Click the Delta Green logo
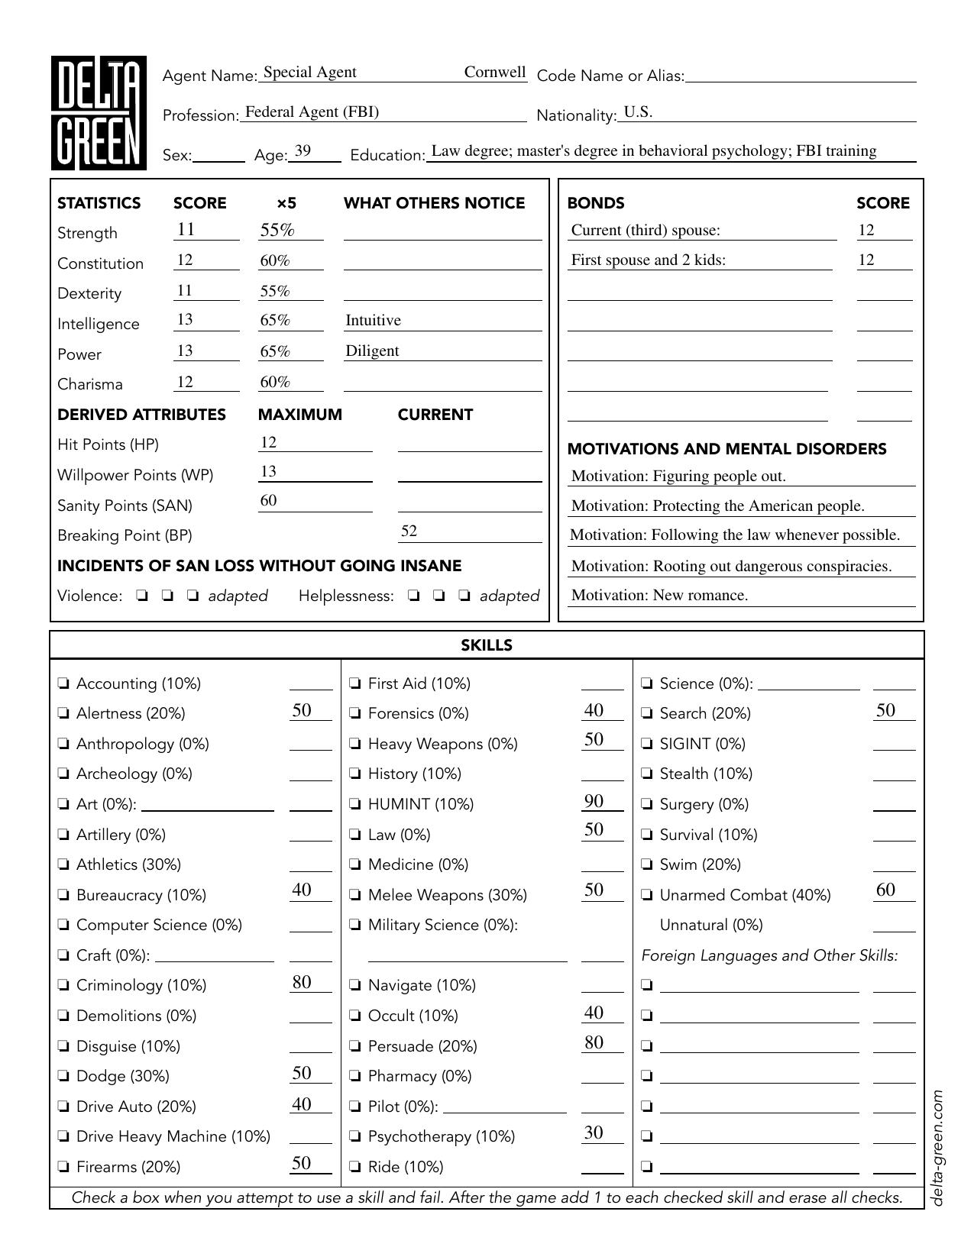[x=99, y=113]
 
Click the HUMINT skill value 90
[x=594, y=801]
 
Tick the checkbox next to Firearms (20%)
[x=64, y=1167]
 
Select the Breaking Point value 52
[x=409, y=531]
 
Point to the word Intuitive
[x=373, y=321]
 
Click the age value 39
[x=303, y=150]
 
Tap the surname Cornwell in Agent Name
[x=495, y=73]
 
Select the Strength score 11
[x=186, y=229]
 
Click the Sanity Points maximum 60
[x=268, y=501]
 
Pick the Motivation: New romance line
[x=659, y=596]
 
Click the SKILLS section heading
[x=487, y=645]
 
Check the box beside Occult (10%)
[x=356, y=1016]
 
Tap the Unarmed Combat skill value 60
[x=885, y=890]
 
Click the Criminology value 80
[x=302, y=982]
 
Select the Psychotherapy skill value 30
[x=594, y=1132]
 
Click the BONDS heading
[x=596, y=203]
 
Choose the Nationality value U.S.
[x=638, y=112]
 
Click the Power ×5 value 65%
[x=275, y=351]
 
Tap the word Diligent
[x=372, y=351]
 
